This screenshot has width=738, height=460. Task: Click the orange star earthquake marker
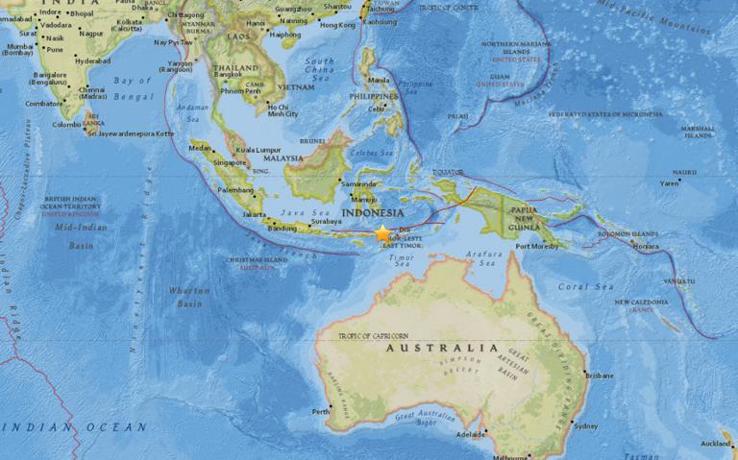[383, 232]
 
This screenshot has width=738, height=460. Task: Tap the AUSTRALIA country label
[441, 349]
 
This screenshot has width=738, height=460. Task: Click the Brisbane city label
[599, 375]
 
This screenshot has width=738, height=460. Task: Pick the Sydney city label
[585, 425]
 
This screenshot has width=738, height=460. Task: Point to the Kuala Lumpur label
[258, 150]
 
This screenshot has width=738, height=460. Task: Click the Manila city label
[381, 80]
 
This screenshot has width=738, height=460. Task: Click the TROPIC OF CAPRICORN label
[375, 335]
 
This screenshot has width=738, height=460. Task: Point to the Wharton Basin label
[188, 296]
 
